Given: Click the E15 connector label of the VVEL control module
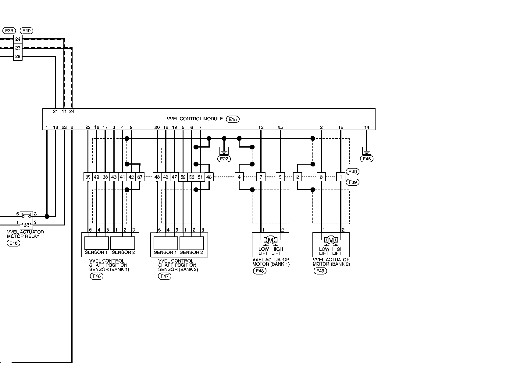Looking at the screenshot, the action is (233, 119).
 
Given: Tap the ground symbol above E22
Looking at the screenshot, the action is (224, 151).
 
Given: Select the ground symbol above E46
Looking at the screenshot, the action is (367, 151).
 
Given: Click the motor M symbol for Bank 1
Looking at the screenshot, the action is (270, 239).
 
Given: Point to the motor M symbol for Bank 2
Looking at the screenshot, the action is (331, 239).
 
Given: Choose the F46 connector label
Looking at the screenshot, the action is (97, 276).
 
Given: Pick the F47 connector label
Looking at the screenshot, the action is (165, 276).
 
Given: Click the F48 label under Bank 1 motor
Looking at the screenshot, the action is (260, 271).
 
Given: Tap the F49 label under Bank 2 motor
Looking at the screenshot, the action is (320, 271).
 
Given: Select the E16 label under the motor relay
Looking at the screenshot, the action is (13, 243).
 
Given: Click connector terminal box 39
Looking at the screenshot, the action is (88, 177).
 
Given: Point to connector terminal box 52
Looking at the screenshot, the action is (183, 177).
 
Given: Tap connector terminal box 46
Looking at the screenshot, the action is (209, 177).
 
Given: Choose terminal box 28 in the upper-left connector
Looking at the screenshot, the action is (18, 56).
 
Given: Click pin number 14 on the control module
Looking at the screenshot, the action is (367, 127).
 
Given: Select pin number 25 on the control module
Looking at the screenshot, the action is (280, 127).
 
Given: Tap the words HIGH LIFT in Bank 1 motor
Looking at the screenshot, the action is (277, 251).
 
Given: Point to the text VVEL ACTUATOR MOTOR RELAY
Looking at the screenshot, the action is (25, 234).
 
